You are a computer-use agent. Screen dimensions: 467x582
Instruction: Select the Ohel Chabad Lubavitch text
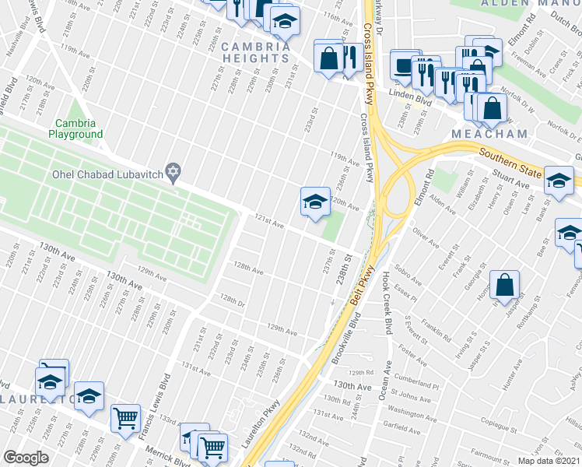tap(104, 174)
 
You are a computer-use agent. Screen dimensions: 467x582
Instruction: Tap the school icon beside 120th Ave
tap(313, 202)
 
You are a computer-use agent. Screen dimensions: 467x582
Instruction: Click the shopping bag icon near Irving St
tap(505, 286)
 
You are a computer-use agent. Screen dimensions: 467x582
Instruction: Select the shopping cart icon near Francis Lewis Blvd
tap(124, 418)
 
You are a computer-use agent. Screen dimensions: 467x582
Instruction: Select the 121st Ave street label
tap(266, 223)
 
